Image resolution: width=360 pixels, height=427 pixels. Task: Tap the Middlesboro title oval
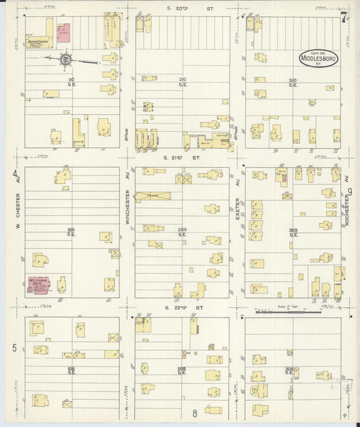[x=319, y=58]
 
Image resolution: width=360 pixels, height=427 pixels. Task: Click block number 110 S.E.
[x=71, y=82]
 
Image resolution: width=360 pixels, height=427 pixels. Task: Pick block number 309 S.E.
[x=293, y=233]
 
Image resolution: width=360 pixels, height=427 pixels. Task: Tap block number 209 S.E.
[x=182, y=232]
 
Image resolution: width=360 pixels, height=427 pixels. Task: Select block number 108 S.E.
[x=71, y=370]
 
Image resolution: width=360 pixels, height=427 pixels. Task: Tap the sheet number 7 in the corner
[x=344, y=18]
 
